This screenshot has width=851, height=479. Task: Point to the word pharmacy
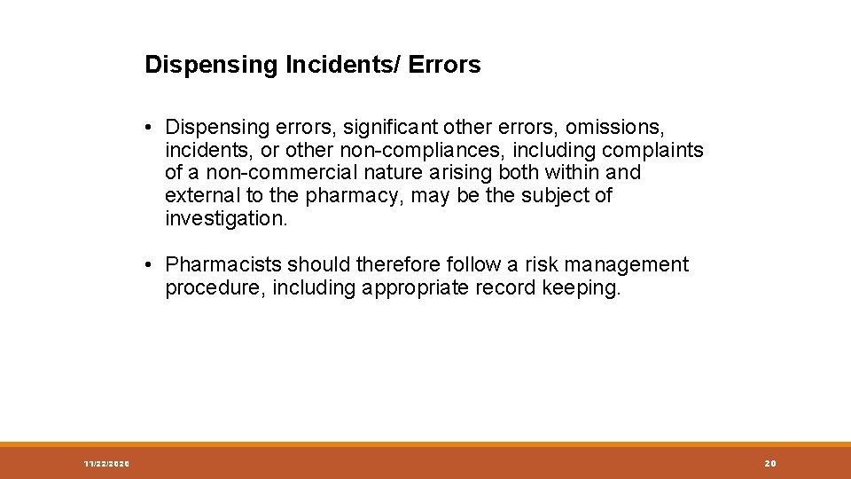point(347,196)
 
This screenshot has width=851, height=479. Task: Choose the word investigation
point(226,217)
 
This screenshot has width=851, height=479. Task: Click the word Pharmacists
point(223,264)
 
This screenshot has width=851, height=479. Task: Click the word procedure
point(215,287)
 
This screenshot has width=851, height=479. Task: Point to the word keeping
point(580,287)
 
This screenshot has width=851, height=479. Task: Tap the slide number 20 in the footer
point(769,464)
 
